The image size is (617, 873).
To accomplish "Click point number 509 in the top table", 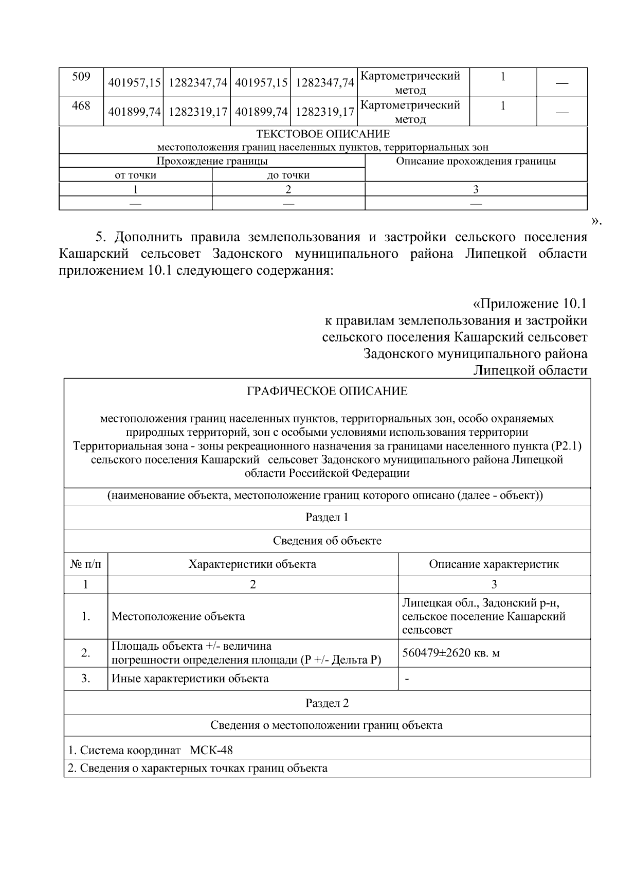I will pos(81,77).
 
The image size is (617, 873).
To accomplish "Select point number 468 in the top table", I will pos(81,106).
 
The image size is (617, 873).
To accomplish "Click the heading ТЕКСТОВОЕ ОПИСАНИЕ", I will pos(323,134).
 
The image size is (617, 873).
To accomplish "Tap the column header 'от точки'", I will pos(135,175).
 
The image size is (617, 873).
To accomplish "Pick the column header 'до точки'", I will pos(288,175).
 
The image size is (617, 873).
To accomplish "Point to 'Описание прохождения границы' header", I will pos(476,161).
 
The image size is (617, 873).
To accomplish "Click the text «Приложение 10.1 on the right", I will pos(530,304).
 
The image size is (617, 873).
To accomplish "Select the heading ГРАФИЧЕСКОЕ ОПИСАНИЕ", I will pos(327,391).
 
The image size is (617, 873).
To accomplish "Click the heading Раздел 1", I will pos(327,518).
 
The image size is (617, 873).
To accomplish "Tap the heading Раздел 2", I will pos(327,703).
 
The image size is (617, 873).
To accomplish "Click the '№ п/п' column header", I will pos(85,564).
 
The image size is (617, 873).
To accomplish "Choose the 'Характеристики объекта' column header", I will pos(252,564).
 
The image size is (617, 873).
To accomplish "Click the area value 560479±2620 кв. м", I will pos(451,653).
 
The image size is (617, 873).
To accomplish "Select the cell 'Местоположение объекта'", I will pos(178,616).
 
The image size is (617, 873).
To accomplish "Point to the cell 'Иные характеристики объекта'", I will pos(190,679).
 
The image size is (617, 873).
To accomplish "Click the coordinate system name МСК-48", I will pos(211,750).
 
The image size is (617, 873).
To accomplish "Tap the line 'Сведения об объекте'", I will pos(327,541).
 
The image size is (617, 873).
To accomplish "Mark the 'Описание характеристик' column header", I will pos(494,564).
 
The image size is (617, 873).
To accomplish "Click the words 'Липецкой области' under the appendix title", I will pos(530,370).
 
